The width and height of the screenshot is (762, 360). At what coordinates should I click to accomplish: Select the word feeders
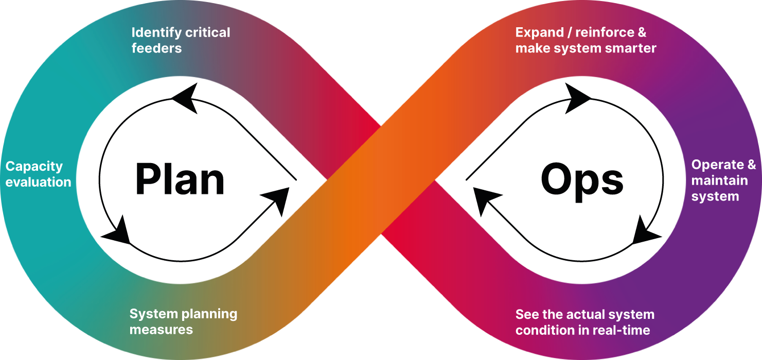(156, 48)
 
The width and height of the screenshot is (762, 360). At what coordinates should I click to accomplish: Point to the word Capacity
(34, 167)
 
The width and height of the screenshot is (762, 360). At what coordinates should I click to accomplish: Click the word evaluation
(38, 182)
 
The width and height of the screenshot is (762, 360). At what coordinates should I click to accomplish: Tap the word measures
(161, 330)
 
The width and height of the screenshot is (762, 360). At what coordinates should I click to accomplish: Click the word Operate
(717, 165)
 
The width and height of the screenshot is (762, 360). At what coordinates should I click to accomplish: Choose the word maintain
(719, 181)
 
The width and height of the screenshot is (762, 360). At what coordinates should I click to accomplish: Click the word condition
(543, 330)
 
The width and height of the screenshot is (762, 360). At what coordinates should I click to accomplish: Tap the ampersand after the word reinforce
(642, 33)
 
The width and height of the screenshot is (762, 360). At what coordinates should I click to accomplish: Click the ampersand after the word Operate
(751, 165)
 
